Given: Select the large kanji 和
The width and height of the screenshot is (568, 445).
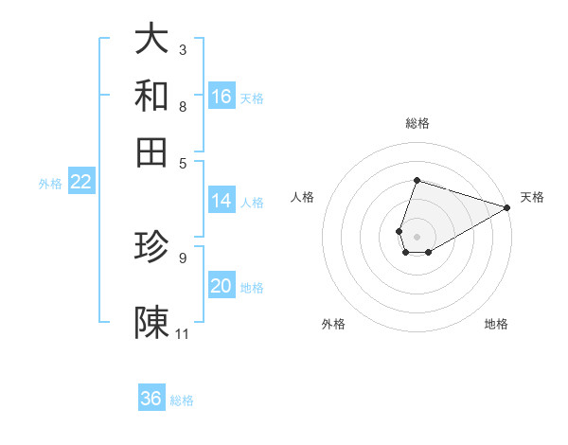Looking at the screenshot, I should (x=151, y=96).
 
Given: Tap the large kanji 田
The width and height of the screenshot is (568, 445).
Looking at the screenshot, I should (x=151, y=151).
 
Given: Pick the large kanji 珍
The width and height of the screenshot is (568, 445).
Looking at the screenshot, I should (x=151, y=247).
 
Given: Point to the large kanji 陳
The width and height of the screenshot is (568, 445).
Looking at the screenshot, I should (x=151, y=322).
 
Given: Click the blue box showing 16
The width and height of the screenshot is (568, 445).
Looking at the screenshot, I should (x=222, y=97).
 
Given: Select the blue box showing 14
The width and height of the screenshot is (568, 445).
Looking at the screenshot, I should (x=222, y=201).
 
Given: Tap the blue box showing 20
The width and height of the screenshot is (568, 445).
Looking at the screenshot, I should (x=222, y=287).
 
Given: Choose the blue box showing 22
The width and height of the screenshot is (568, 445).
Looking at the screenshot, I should (x=80, y=183).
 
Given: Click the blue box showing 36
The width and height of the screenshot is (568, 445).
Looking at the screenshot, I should (x=151, y=399).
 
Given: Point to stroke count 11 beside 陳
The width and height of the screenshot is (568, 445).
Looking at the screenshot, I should (x=183, y=333).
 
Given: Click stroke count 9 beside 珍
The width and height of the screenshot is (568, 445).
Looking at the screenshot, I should (x=183, y=257).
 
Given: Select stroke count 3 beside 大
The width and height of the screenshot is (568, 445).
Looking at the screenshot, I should (x=183, y=49).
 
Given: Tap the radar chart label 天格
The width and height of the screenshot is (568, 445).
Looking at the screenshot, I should (x=532, y=197).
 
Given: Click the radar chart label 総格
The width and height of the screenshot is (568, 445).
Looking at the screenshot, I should (x=417, y=123).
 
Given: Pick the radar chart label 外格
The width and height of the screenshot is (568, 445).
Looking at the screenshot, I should (x=333, y=324).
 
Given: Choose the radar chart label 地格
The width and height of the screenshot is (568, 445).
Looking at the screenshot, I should (x=496, y=324).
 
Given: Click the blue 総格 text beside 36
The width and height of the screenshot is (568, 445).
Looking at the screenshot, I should (x=182, y=400).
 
